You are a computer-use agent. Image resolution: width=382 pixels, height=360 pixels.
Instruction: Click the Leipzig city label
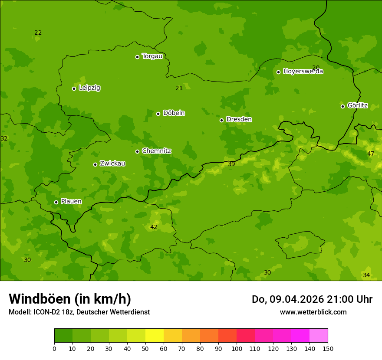pos(89,88)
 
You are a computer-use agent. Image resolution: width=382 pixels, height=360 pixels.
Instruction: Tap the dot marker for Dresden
pos(221,120)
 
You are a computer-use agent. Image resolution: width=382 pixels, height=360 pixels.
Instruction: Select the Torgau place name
pos(152,56)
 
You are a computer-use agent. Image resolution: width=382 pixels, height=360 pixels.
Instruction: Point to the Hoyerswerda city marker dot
pos(278,72)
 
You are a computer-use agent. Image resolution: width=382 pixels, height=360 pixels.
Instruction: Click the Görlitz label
pos(357,105)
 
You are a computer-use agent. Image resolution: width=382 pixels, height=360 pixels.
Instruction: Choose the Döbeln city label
pos(174,113)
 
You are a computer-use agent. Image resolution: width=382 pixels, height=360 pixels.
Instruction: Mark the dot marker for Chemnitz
pos(137,151)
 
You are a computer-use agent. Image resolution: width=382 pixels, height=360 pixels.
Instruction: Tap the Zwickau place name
pos(112,164)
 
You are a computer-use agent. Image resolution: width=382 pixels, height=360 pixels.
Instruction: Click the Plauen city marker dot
pos(56,202)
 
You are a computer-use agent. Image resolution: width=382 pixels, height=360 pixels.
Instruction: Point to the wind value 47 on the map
pos(370,154)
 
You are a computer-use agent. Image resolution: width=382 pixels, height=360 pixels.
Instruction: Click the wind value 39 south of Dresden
pos(231,164)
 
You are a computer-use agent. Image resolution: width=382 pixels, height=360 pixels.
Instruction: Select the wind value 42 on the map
pos(154,227)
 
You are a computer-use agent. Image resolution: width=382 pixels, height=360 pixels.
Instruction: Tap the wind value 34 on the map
pos(366,275)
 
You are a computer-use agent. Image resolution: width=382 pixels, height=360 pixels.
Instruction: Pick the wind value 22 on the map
pos(38,33)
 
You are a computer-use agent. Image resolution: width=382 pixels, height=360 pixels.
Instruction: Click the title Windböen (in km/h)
pos(70,299)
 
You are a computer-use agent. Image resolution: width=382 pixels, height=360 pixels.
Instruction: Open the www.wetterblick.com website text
pos(313,312)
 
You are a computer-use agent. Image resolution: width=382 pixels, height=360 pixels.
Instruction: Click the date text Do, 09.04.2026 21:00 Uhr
pos(312,299)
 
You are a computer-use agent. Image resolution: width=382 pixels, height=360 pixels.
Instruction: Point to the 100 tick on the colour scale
pos(237,348)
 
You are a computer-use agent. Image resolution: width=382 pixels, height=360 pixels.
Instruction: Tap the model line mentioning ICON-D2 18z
pos(79,312)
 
